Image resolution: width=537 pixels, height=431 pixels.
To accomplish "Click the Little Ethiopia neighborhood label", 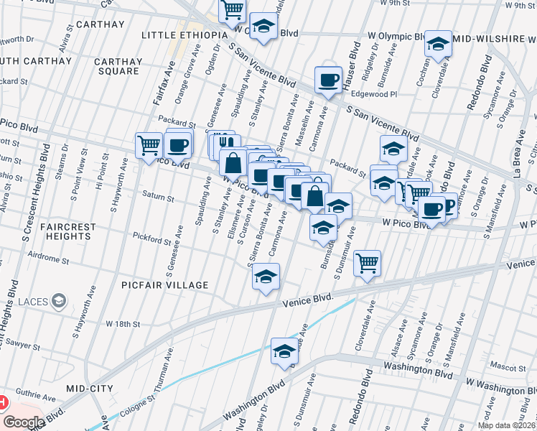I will [x=185, y=34].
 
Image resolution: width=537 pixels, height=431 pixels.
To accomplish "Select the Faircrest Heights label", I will [x=68, y=231].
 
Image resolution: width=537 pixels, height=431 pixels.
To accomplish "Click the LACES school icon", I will [x=59, y=300].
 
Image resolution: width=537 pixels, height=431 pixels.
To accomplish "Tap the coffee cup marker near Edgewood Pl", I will [x=328, y=79].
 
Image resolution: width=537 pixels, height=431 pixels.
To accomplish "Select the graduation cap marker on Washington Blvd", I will [x=284, y=351].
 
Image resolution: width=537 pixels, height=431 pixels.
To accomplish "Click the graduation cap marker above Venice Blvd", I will [x=266, y=276].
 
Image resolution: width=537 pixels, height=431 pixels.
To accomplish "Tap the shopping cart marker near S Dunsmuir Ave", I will [x=367, y=263].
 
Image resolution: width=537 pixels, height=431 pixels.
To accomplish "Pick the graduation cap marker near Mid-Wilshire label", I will [x=437, y=43].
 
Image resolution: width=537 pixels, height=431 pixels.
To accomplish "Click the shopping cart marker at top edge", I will [x=233, y=9].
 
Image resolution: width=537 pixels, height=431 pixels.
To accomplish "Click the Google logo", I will [x=23, y=422].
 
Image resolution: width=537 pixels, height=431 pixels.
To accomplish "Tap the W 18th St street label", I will [x=123, y=324].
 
